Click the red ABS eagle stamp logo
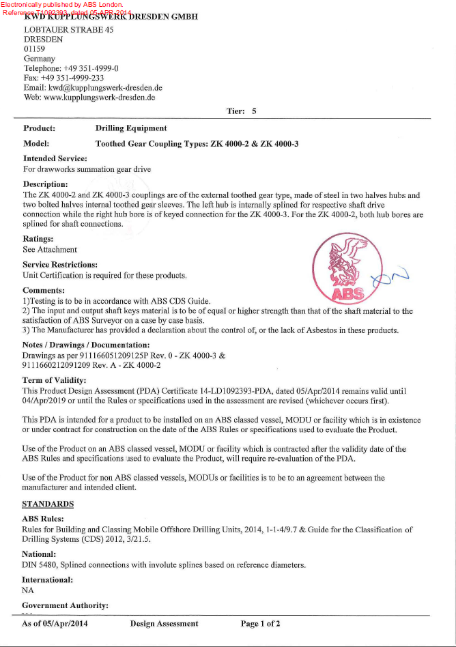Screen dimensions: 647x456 (339, 268)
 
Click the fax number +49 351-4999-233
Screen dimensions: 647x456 (75, 78)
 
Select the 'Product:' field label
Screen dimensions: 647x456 (39, 128)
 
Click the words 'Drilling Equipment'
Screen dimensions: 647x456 (131, 128)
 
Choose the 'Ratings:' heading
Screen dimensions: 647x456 (38, 239)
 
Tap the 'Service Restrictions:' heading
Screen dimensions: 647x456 (60, 265)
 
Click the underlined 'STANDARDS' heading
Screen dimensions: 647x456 (48, 504)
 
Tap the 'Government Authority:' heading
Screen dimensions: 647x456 (66, 605)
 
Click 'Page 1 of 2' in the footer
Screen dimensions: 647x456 (260, 624)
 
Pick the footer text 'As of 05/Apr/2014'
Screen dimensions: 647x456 (55, 624)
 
